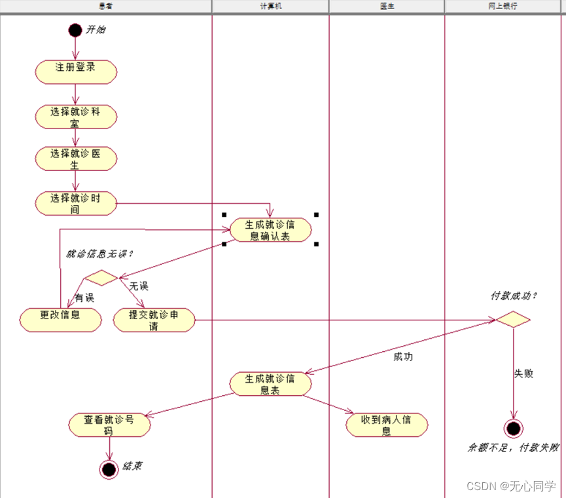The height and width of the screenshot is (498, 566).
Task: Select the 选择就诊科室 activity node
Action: [76, 116]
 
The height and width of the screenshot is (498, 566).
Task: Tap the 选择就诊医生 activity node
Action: [76, 159]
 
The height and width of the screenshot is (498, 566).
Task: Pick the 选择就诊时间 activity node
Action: [76, 202]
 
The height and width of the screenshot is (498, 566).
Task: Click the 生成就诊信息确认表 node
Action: [270, 230]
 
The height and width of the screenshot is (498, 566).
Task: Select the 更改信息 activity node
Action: [61, 319]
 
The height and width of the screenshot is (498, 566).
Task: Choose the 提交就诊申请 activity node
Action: [154, 320]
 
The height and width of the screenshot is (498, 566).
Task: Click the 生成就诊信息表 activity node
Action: [270, 384]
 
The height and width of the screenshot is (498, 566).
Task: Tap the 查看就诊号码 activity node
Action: [109, 425]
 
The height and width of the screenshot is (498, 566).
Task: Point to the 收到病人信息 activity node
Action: [387, 425]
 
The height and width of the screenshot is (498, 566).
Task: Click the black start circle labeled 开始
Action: [76, 30]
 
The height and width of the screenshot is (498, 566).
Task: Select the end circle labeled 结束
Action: [109, 469]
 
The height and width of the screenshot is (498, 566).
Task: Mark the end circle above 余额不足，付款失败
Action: [514, 429]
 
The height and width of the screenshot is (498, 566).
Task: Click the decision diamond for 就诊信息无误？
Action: [100, 278]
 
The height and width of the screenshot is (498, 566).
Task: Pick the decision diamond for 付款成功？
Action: [512, 320]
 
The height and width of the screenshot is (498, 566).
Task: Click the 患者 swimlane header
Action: [105, 6]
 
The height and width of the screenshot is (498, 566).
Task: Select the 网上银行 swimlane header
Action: [503, 6]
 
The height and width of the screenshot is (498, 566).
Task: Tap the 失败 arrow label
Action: [523, 373]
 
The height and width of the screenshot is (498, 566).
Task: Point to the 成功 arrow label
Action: [403, 357]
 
